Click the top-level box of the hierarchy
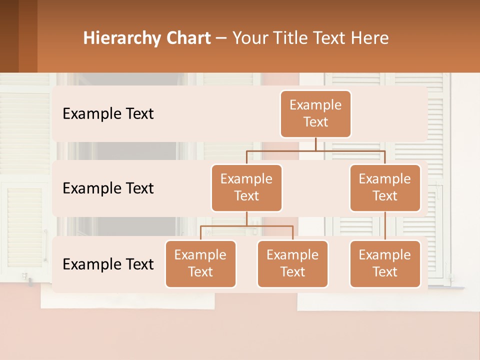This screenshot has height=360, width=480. click(315, 113)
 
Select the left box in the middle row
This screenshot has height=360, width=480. click(246, 187)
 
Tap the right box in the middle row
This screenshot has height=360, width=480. click(385, 187)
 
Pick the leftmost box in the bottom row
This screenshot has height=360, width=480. click(200, 263)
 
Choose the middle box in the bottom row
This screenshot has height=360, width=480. click(292, 263)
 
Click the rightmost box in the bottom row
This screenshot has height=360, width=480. click(385, 263)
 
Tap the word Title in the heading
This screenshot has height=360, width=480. click(290, 38)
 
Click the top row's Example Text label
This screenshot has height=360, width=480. click(108, 114)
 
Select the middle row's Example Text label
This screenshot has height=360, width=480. click(108, 188)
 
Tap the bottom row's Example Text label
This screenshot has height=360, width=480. click(108, 264)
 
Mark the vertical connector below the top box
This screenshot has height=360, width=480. click(315, 144)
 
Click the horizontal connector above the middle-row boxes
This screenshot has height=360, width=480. click(315, 150)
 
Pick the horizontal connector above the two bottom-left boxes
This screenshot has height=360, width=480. click(246, 226)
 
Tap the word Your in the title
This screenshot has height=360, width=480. click(248, 38)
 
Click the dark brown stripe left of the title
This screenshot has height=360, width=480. click(9, 36)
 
